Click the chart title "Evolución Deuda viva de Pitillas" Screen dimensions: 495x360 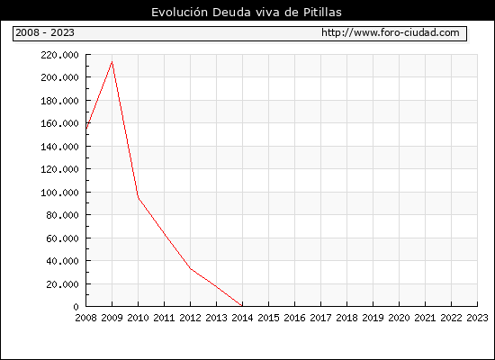click(x=247, y=13)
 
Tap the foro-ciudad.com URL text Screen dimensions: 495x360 click(x=391, y=32)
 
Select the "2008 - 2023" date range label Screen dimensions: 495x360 click(x=45, y=32)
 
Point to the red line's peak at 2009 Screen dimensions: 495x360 click(x=112, y=61)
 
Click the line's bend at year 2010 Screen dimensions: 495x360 click(x=138, y=197)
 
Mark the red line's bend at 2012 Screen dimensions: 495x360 click(x=191, y=268)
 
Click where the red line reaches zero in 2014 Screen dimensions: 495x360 click(x=242, y=306)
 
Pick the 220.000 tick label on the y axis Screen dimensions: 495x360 click(x=59, y=55)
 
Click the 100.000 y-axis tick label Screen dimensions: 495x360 click(x=59, y=193)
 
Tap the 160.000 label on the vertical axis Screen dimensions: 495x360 click(x=59, y=123)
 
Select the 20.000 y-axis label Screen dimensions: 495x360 click(x=62, y=284)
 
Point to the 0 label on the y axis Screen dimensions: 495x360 click(x=76, y=307)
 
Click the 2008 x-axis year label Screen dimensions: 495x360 click(x=85, y=318)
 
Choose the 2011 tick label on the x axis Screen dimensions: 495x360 click(x=164, y=318)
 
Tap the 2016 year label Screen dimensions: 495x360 click(x=294, y=318)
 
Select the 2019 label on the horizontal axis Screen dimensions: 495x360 click(x=373, y=318)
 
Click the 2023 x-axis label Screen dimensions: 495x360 click(x=477, y=318)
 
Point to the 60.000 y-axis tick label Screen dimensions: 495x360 click(x=62, y=238)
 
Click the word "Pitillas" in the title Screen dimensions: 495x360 click(x=322, y=13)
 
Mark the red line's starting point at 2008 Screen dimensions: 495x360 click(x=86, y=129)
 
